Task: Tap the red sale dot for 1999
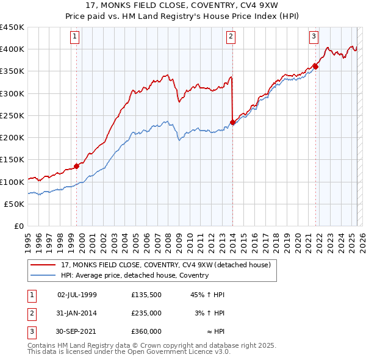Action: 77,166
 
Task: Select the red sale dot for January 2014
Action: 233,122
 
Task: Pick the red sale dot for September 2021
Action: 315,67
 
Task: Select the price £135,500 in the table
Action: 146,295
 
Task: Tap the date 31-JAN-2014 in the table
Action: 77,313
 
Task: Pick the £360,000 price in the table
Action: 146,331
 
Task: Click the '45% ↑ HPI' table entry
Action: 208,295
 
